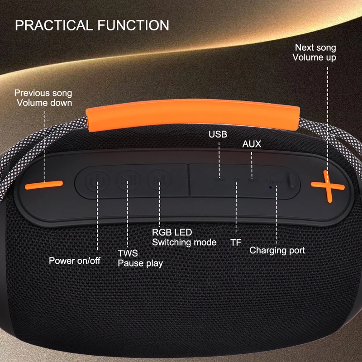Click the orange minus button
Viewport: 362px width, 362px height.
[44, 185]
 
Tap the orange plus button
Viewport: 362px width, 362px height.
[328, 186]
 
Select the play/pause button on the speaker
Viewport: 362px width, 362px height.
[128, 180]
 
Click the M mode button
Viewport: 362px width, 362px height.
[160, 179]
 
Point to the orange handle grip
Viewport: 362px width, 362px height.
[193, 114]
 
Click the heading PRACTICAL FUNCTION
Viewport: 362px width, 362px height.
[92, 25]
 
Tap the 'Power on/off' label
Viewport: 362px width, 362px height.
[75, 261]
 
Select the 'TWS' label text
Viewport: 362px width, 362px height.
[128, 253]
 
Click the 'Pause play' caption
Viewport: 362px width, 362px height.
[140, 263]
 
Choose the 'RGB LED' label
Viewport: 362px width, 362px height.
[172, 232]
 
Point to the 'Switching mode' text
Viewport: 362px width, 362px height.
[184, 243]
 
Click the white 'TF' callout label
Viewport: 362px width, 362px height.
[236, 243]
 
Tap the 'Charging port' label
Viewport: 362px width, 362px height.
[277, 251]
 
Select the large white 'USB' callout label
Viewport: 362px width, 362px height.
[218, 134]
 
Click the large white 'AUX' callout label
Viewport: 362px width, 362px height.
[252, 144]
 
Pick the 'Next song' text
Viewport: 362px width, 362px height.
[315, 48]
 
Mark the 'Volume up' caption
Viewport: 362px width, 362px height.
[314, 57]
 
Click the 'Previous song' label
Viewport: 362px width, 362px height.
[43, 93]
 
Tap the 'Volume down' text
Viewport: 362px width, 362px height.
[44, 103]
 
